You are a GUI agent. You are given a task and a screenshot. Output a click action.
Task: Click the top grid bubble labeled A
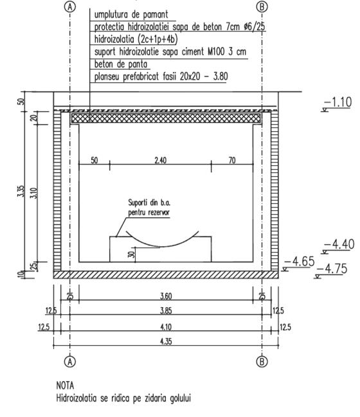pyautogui.click(x=70, y=7)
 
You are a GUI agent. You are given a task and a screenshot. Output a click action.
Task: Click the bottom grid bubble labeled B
pyautogui.click(x=262, y=361)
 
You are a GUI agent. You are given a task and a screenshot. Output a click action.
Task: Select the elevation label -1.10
pyautogui.click(x=338, y=102)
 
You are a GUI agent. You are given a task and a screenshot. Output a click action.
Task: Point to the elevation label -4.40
pyautogui.click(x=339, y=244)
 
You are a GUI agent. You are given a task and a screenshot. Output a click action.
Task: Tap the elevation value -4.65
pyautogui.click(x=300, y=262)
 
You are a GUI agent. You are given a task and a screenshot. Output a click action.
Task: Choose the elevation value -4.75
pyautogui.click(x=332, y=269)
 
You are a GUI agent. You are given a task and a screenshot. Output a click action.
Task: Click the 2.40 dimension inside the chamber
pyautogui.click(x=161, y=160)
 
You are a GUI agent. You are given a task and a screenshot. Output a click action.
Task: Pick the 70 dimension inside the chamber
pyautogui.click(x=232, y=160)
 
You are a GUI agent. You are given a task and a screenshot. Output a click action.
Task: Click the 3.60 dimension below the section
pyautogui.click(x=166, y=296)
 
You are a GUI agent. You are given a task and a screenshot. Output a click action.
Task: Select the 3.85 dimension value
pyautogui.click(x=166, y=310)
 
